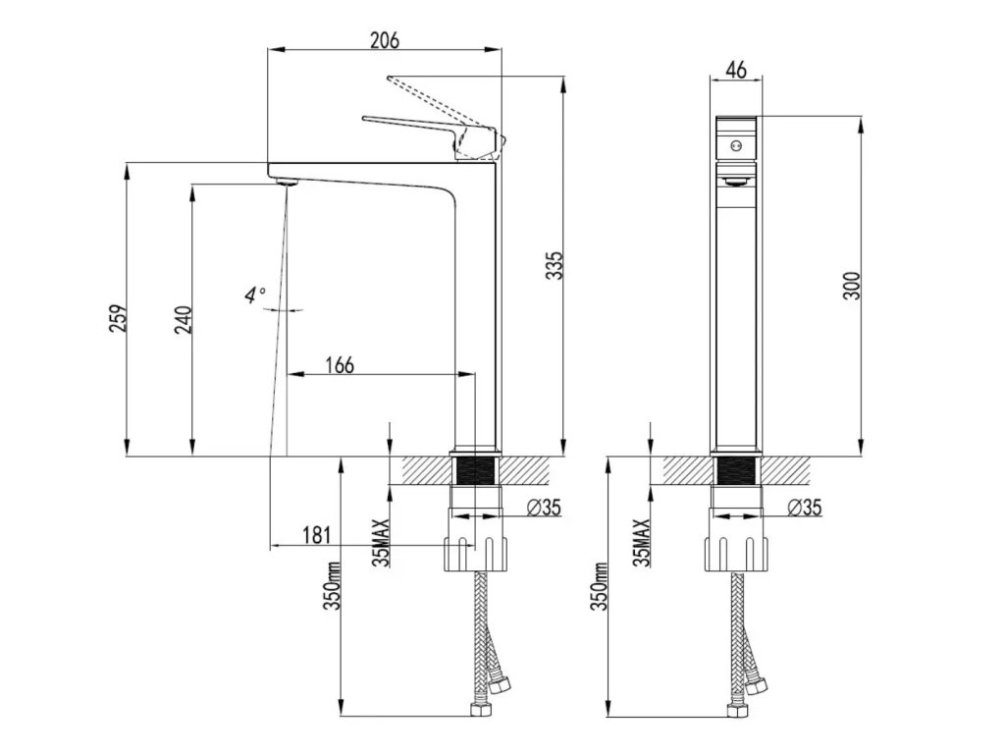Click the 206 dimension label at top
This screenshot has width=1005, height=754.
coord(385,40)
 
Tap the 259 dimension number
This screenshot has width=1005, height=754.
coord(119,319)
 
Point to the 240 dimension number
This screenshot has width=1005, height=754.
coord(183,319)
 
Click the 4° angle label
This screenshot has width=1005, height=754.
coord(255,294)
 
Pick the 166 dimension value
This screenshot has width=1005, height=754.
coord(339,365)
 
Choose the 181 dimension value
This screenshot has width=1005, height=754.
coord(317,536)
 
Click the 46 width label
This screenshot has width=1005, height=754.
coord(736,70)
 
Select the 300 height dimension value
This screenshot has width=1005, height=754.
coord(852,286)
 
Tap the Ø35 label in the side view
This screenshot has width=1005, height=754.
coord(544,508)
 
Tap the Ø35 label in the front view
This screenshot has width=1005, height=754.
coord(805,508)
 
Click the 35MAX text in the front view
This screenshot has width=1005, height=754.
coord(643,543)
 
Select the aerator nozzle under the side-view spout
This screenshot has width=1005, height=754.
coord(286,181)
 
